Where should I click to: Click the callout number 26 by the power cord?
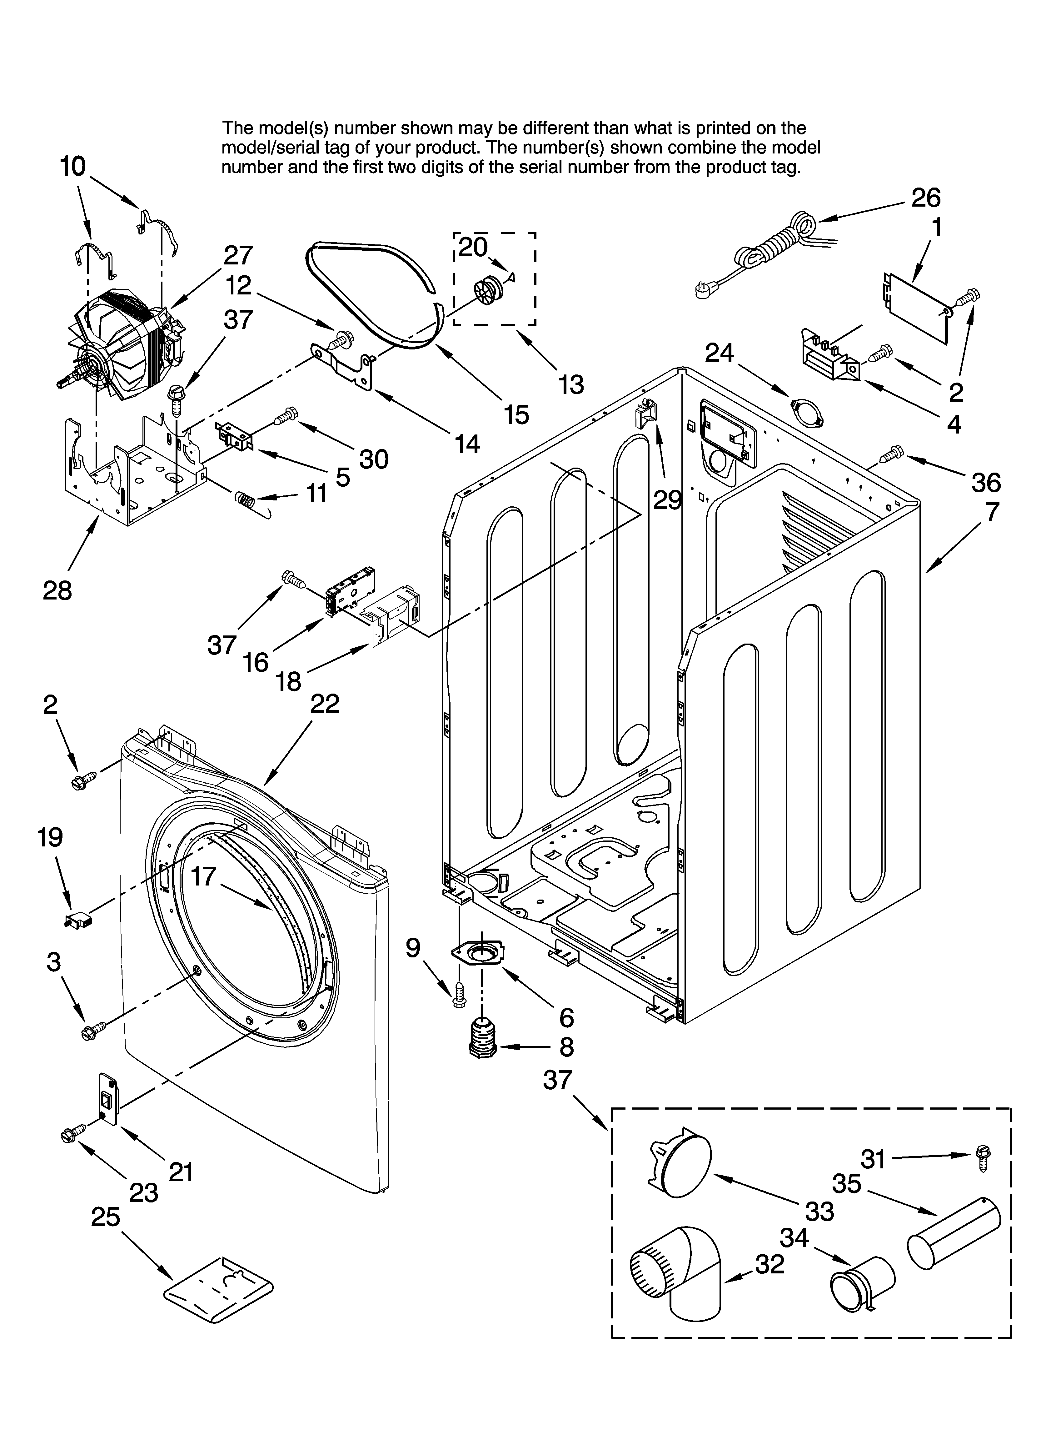coord(926,198)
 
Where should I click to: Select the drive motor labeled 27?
coord(127,341)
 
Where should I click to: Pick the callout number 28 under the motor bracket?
coord(57,591)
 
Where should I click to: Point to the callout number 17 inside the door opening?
coord(204,877)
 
